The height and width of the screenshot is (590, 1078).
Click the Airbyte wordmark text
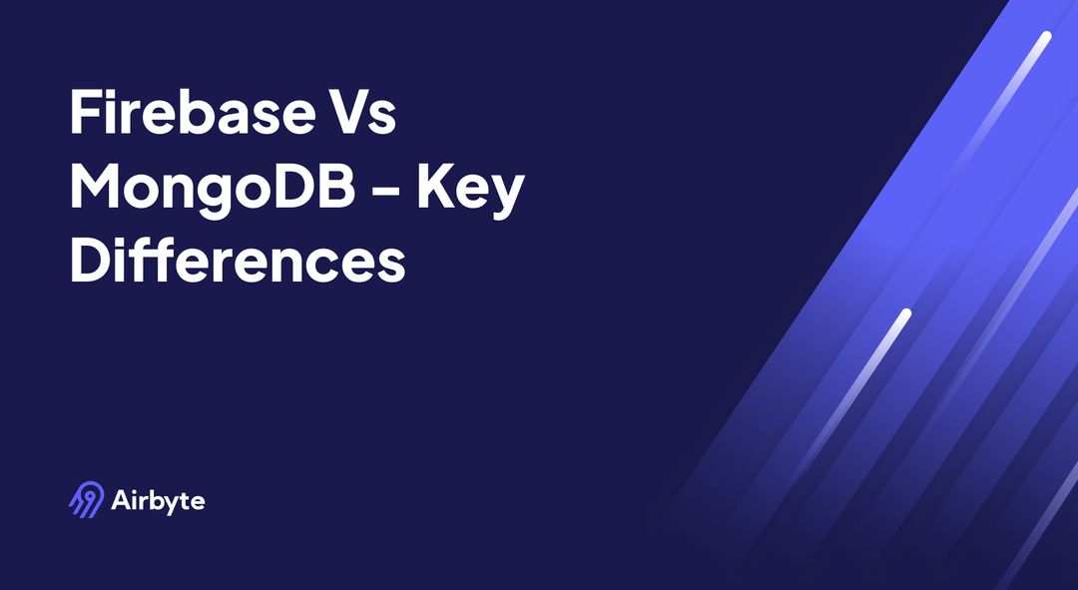pos(159,500)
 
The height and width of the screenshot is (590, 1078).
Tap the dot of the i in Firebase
pos(115,93)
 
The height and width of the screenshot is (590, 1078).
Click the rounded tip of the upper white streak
pos(1045,38)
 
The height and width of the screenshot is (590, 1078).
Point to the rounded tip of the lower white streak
pos(905,314)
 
